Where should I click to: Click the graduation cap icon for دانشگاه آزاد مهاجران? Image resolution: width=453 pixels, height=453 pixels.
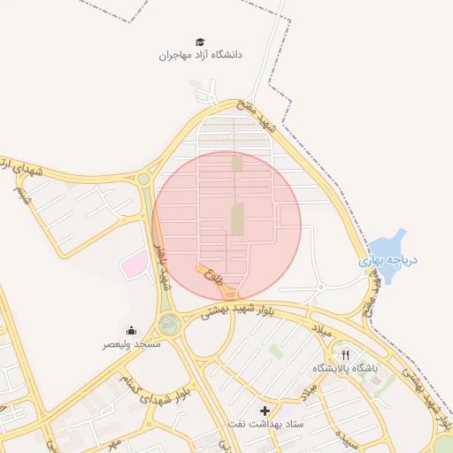pos(200,42)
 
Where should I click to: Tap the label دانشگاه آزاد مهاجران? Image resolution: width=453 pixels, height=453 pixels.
pos(200,55)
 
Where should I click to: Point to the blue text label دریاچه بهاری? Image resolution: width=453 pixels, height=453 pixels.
pos(388,262)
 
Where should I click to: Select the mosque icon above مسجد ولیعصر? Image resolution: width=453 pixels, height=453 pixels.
pos(132,330)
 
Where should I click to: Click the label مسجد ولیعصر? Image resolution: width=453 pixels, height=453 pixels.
pos(132,343)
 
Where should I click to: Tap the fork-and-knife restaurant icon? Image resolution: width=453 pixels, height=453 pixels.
pos(345,354)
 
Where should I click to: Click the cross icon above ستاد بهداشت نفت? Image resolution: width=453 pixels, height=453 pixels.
pos(265,411)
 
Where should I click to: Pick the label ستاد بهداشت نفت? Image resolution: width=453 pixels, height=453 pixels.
pos(265,425)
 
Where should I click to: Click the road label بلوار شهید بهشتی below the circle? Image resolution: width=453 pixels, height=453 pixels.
pos(237,311)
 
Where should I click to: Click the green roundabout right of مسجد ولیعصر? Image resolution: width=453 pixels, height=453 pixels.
pos(170,325)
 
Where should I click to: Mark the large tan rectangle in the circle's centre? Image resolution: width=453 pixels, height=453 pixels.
pos(237,219)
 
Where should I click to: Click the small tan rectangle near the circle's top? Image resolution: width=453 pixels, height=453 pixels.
pos(236,163)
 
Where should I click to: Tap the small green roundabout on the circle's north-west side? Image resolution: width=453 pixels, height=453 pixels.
pos(143,179)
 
